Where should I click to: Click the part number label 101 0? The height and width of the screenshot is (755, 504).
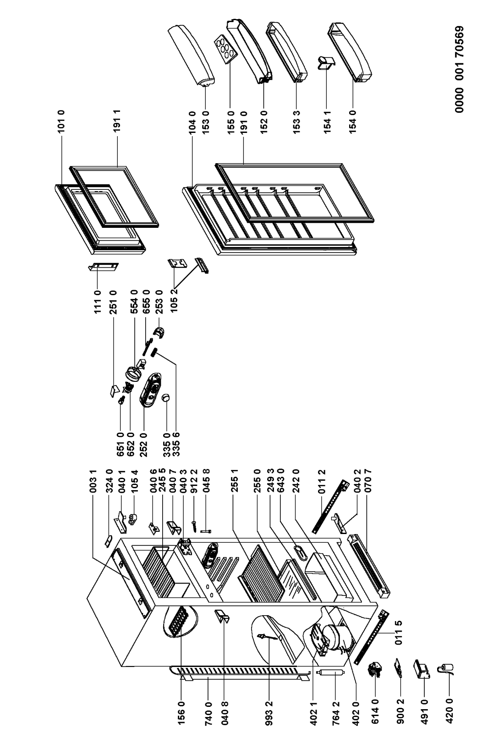click(62, 121)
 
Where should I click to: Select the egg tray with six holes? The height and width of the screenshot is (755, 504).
click(225, 49)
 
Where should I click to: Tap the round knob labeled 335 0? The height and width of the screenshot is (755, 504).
click(165, 398)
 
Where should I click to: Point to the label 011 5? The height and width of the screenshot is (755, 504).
click(399, 634)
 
